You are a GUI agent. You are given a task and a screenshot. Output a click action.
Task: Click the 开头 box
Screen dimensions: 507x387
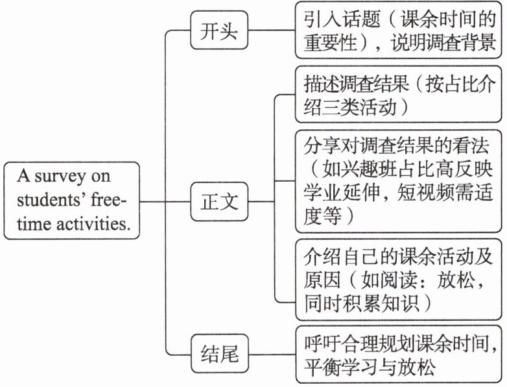(219, 30)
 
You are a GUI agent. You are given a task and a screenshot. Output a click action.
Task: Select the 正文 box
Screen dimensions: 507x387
(219, 201)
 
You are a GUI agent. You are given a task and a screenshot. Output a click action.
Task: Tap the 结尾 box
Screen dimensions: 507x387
(220, 353)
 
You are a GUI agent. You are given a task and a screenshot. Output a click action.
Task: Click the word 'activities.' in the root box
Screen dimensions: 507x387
(93, 223)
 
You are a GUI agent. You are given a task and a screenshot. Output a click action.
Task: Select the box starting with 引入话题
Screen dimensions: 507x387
(398, 30)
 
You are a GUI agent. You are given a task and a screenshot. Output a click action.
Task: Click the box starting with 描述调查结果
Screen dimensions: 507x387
(398, 94)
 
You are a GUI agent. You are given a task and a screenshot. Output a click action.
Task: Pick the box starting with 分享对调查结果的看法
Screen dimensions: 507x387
(398, 181)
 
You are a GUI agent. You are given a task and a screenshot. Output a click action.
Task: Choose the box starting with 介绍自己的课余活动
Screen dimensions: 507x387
(398, 279)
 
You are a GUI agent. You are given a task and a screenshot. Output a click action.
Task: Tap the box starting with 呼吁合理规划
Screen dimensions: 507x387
(399, 355)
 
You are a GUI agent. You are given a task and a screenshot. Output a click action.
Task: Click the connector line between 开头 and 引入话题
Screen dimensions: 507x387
(272, 31)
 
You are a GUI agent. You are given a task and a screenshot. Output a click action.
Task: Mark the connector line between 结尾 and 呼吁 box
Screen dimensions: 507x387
(272, 355)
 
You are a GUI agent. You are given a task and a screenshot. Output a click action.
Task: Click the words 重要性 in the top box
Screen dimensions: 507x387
(330, 43)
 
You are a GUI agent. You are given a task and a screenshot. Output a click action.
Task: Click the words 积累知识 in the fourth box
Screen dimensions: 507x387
(380, 303)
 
